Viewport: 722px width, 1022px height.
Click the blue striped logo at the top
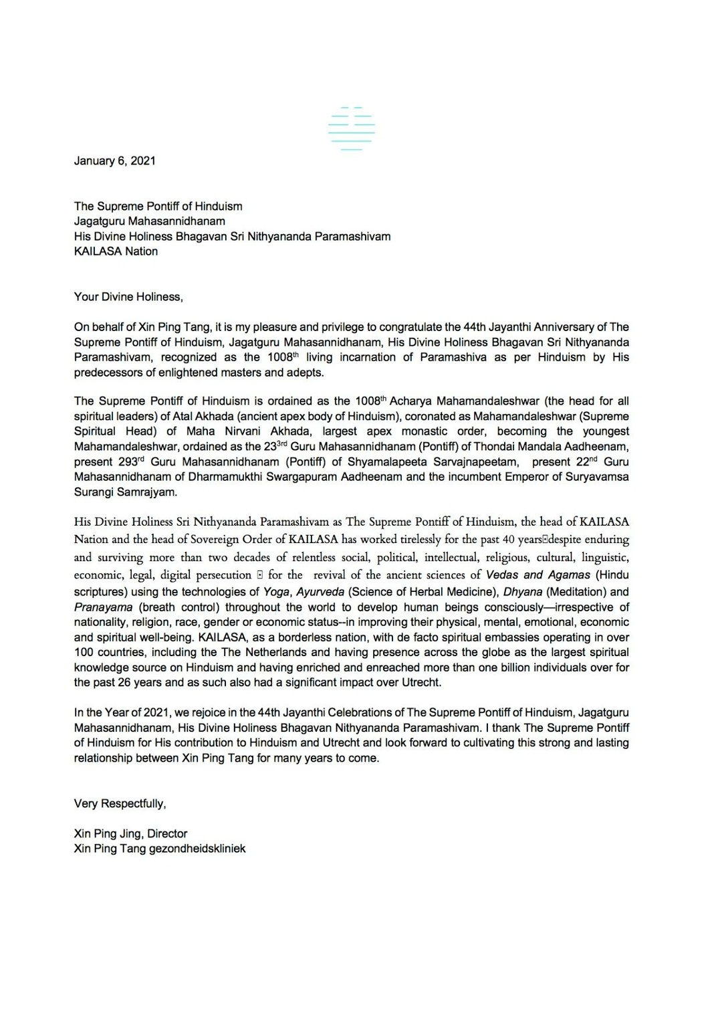[x=351, y=128]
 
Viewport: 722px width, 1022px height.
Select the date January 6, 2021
[x=114, y=161]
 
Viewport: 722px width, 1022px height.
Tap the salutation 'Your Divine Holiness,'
[x=128, y=296]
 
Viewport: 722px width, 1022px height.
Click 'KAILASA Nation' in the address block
[x=116, y=251]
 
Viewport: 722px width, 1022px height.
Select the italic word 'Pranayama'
[x=103, y=607]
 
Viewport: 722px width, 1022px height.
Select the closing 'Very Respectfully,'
[x=120, y=803]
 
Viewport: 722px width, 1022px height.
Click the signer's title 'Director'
[x=167, y=833]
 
